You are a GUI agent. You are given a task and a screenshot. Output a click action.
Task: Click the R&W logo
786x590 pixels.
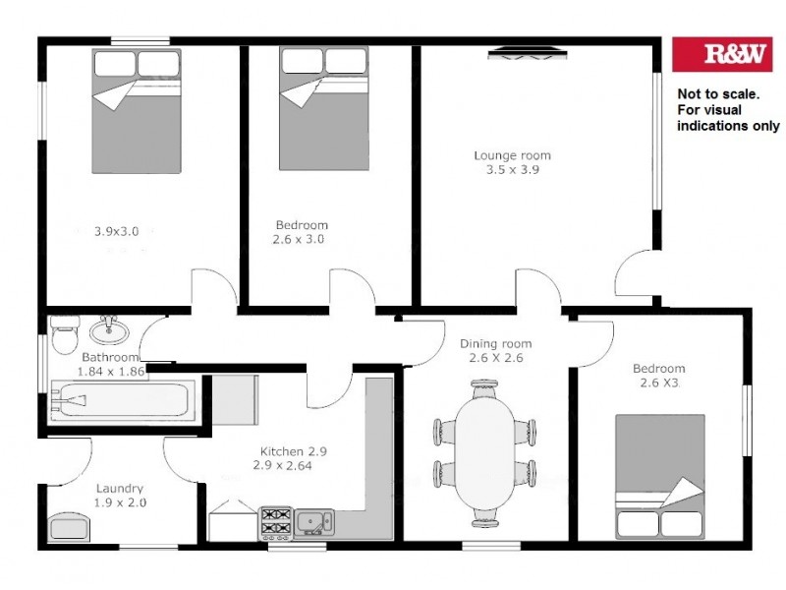coord(721,54)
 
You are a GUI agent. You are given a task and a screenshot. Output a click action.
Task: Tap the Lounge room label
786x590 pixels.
coord(512,155)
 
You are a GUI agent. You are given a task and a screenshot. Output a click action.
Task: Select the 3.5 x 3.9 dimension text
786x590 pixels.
coord(512,169)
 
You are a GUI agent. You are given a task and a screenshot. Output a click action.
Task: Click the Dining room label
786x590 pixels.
coord(495,344)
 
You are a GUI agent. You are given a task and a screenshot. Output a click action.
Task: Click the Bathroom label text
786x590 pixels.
coord(110,357)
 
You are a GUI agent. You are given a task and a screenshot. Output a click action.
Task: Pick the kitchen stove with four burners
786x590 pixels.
coord(276,522)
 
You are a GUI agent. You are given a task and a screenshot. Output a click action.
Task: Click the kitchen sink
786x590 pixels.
coord(314,520)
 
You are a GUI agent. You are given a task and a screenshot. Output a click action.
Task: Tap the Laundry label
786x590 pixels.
coord(120,488)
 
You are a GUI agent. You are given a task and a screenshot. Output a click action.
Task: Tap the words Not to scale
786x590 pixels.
coord(718,94)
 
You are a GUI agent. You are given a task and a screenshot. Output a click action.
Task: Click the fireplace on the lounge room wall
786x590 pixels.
coord(527,55)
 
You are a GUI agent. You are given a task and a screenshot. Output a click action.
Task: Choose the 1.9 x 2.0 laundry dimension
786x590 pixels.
coord(120,502)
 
